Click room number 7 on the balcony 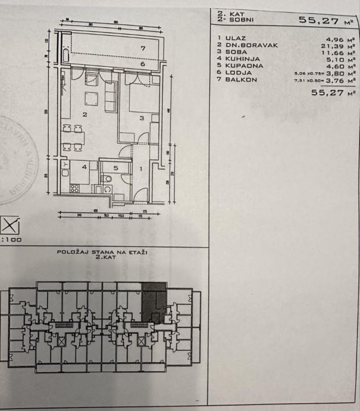143,48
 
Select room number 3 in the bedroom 142,119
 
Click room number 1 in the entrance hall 140,168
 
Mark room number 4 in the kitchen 84,167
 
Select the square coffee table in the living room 90,98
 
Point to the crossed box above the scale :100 10,225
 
